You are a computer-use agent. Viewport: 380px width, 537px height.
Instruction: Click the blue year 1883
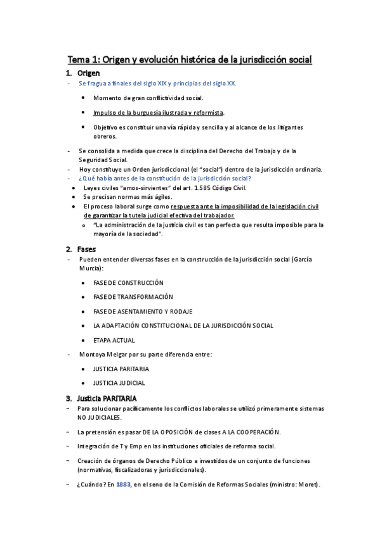(123, 485)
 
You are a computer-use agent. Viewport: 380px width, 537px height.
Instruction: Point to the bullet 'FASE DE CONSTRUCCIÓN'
(128, 282)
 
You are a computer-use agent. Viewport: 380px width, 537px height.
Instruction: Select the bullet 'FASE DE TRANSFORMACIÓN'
(133, 297)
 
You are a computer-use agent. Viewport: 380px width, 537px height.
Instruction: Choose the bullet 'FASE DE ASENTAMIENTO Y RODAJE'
(142, 312)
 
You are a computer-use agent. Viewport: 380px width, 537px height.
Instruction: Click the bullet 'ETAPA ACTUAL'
(114, 340)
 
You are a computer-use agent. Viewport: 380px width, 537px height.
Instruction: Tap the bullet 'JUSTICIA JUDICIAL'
(119, 382)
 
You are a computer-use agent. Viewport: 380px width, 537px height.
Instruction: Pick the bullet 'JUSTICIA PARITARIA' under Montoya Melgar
(121, 369)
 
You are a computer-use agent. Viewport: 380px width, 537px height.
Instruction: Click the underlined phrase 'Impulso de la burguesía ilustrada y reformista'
(158, 113)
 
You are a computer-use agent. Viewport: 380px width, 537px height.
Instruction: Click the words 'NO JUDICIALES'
(99, 418)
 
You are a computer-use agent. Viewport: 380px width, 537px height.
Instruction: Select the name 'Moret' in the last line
(306, 485)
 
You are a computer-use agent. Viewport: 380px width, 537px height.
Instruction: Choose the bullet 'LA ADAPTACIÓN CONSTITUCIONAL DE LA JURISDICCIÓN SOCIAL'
(183, 325)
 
